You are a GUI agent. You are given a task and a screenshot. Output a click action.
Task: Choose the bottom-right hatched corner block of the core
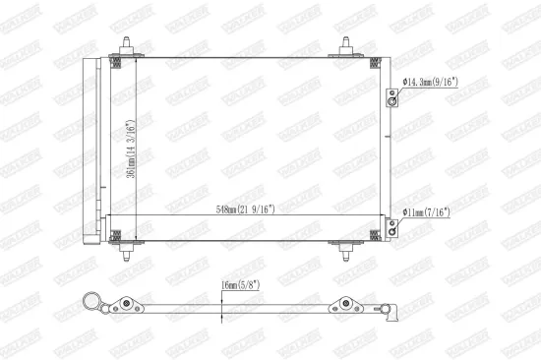click(375, 234)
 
